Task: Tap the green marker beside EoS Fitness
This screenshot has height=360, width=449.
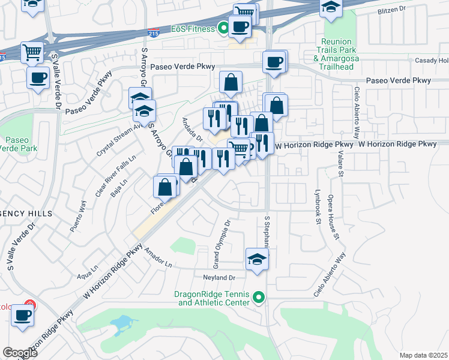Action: [x=223, y=27]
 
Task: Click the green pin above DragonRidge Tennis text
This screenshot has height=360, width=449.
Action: [x=259, y=297]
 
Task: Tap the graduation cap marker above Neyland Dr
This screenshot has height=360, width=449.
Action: [x=257, y=259]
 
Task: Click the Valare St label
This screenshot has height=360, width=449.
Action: [x=340, y=161]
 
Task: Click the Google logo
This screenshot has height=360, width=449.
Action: [x=20, y=352]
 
